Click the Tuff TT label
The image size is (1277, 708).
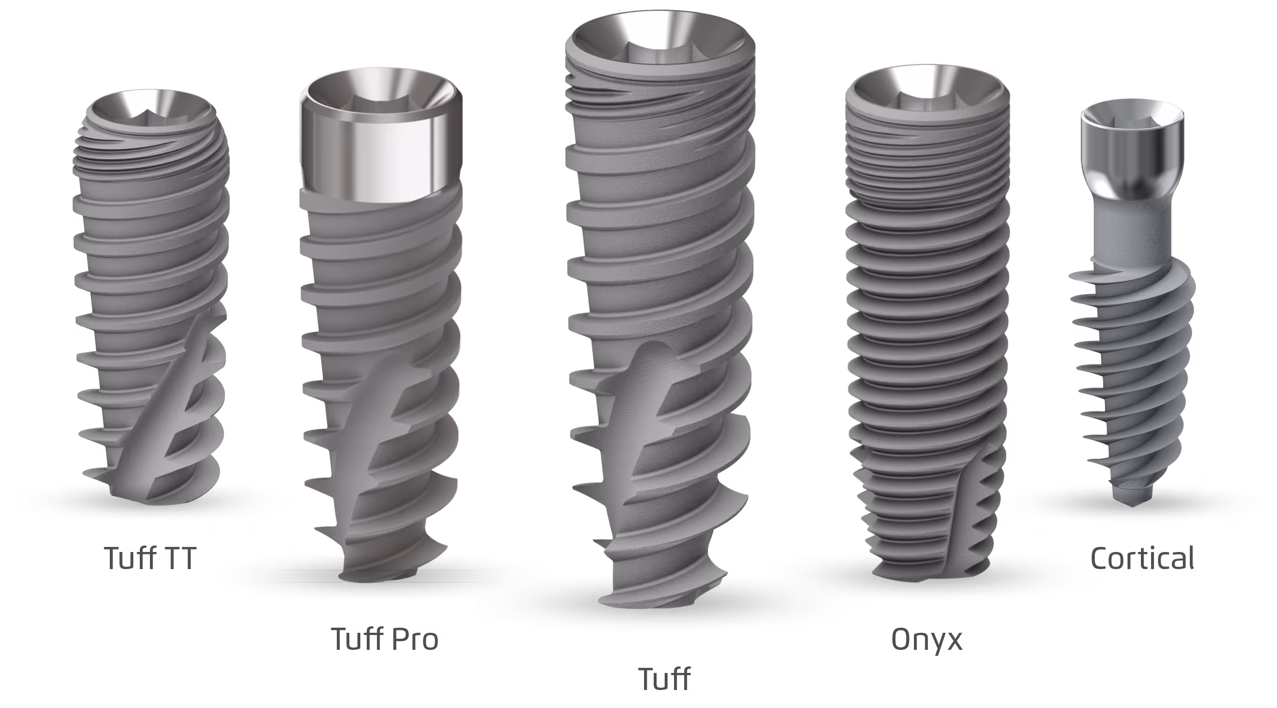[x=150, y=558]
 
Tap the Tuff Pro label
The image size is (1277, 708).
[x=384, y=639]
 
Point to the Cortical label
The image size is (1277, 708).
[x=1142, y=558]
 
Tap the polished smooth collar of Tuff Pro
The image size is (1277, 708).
[x=381, y=149]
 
